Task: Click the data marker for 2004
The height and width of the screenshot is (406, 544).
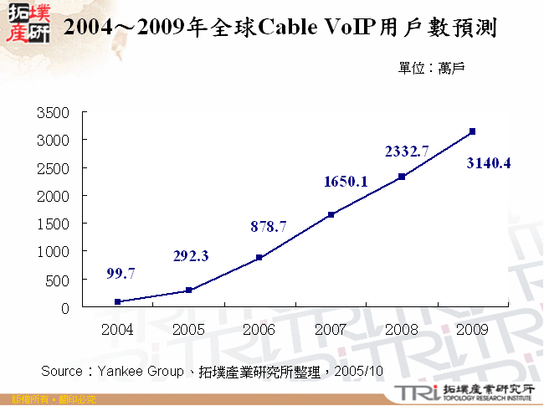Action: pyautogui.click(x=117, y=301)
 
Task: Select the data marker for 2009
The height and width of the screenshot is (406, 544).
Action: pyautogui.click(x=473, y=131)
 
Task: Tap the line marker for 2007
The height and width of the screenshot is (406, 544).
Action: pyautogui.click(x=331, y=214)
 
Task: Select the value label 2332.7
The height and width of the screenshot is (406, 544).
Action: pyautogui.click(x=407, y=152)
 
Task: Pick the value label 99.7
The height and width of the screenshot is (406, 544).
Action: pyautogui.click(x=121, y=273)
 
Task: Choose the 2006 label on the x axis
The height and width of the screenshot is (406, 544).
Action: pyautogui.click(x=259, y=330)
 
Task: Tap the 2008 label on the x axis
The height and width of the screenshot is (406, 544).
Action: pyautogui.click(x=402, y=330)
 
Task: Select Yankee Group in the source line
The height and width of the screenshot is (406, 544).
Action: pyautogui.click(x=135, y=371)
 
